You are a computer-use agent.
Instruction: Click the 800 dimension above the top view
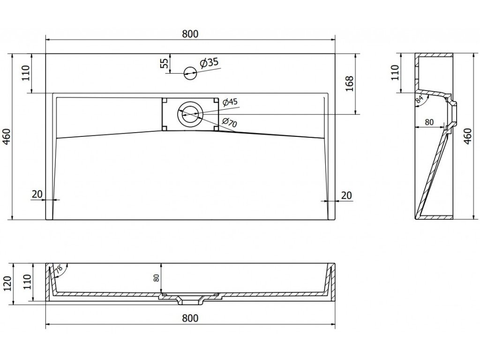(x=190, y=34)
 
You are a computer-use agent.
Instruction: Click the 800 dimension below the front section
(x=190, y=318)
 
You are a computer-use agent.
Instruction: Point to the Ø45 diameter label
(x=231, y=102)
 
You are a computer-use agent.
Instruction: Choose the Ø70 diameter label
(x=229, y=123)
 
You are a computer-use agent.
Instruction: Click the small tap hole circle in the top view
(x=190, y=72)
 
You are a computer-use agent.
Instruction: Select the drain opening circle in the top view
(x=190, y=114)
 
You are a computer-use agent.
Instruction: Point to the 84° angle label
(x=419, y=98)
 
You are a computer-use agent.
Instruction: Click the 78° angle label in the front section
(x=59, y=270)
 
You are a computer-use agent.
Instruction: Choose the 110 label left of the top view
(x=25, y=74)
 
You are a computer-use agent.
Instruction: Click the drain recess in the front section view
(x=190, y=298)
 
